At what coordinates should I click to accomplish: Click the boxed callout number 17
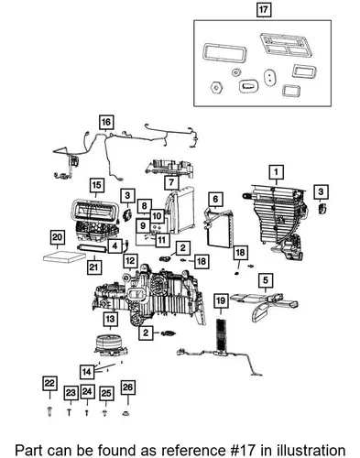coord(263,10)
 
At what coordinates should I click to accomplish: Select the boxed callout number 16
coord(105,123)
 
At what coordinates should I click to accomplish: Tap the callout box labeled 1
coord(276,172)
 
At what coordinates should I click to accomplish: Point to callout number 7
coord(171,182)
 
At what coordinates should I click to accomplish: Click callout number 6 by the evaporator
coord(215,200)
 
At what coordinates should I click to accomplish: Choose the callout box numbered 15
coord(96,185)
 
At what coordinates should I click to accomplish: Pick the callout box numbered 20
coord(57,237)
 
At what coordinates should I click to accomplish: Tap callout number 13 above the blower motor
coord(110,319)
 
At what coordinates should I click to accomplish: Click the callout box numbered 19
coord(221,301)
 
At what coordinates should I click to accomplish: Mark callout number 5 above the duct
coord(265,280)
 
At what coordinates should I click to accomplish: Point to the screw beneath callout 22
coord(50,412)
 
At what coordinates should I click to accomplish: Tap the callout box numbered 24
coord(87,392)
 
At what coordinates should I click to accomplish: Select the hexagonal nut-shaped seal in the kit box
coord(216,88)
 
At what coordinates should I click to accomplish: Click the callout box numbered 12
coord(130,261)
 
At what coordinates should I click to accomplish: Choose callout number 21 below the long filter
coord(93,267)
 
